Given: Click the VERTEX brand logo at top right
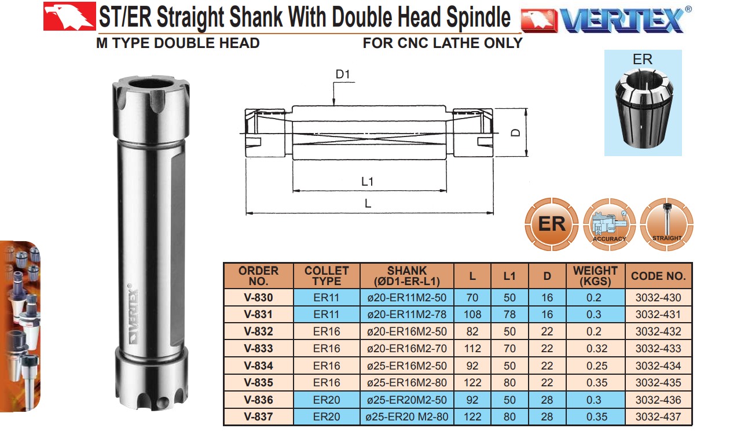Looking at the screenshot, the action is pos(606,20).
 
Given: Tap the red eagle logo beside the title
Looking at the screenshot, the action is pos(69,16).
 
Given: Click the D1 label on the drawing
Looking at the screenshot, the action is pos(343,74).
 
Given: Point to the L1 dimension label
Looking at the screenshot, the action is pos(367,182).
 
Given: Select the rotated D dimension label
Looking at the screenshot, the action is pos(516,132).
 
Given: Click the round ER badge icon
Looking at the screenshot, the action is pos(551,224).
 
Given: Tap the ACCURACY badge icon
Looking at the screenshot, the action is pos(609,224).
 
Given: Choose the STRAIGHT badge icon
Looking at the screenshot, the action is pos(667,224).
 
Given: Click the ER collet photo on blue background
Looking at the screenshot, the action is pos(643,103).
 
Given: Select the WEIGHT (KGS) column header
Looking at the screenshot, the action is pos(595,276).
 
